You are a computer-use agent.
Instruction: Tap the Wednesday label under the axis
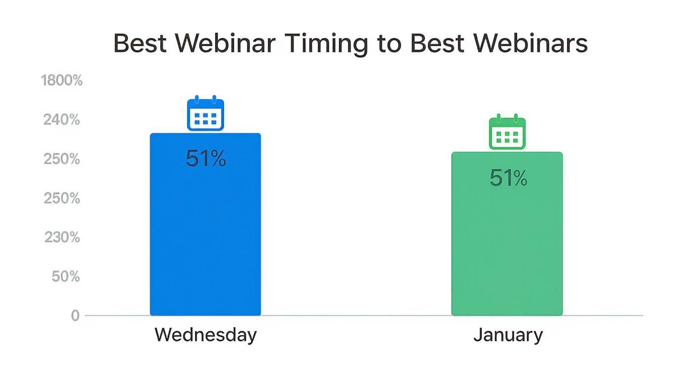[x=205, y=335]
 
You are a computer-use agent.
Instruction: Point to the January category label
[x=508, y=335]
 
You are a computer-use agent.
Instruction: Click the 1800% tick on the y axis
[x=62, y=80]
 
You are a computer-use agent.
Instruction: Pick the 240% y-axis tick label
[x=62, y=120]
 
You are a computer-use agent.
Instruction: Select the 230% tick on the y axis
[x=62, y=237]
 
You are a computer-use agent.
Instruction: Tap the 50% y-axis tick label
[x=66, y=277]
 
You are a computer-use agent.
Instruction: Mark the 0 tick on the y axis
[x=75, y=316]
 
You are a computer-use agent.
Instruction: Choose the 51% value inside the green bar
[x=508, y=178]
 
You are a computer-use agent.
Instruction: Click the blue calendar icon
[x=205, y=114]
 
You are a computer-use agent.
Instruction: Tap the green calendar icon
[x=507, y=132]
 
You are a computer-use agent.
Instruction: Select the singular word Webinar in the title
[x=225, y=43]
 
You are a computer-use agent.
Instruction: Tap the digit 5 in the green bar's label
[x=496, y=178]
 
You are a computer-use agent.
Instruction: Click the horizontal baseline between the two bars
[x=355, y=315]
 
